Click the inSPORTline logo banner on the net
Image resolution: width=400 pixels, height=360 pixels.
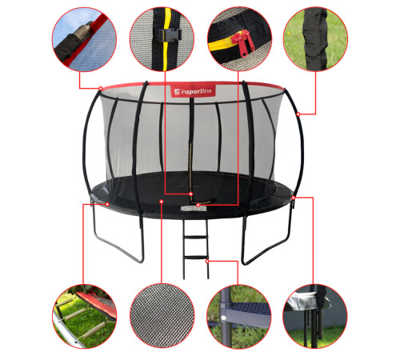tap(193, 91)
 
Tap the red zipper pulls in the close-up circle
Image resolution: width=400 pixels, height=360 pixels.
tap(243, 42)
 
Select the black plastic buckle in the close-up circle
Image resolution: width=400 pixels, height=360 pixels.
tap(169, 35)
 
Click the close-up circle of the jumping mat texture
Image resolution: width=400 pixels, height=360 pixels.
tap(162, 316)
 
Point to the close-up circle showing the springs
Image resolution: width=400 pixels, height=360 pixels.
tap(85, 316)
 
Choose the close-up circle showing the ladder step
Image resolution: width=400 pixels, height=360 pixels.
tap(239, 316)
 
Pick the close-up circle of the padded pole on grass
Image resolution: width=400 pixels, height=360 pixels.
tap(315, 39)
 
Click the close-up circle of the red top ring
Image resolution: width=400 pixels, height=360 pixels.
tap(85, 39)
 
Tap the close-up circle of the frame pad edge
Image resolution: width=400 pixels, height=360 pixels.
tap(315, 316)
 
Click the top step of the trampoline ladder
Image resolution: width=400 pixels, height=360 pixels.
tap(195, 237)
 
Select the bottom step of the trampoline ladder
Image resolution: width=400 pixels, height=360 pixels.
tap(195, 258)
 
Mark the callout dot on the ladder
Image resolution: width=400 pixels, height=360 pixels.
tap(207, 262)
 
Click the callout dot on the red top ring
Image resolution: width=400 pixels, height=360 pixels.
tap(101, 88)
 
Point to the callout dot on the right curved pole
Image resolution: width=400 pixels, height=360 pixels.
tap(298, 114)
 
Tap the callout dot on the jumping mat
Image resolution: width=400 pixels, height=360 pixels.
tap(162, 202)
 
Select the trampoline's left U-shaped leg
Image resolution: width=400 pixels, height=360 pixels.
tap(118, 240)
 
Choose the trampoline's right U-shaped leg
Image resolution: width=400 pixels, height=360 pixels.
tap(266, 240)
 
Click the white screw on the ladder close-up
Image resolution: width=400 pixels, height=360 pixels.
tap(224, 318)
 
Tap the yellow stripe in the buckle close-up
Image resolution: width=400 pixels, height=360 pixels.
tap(166, 40)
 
